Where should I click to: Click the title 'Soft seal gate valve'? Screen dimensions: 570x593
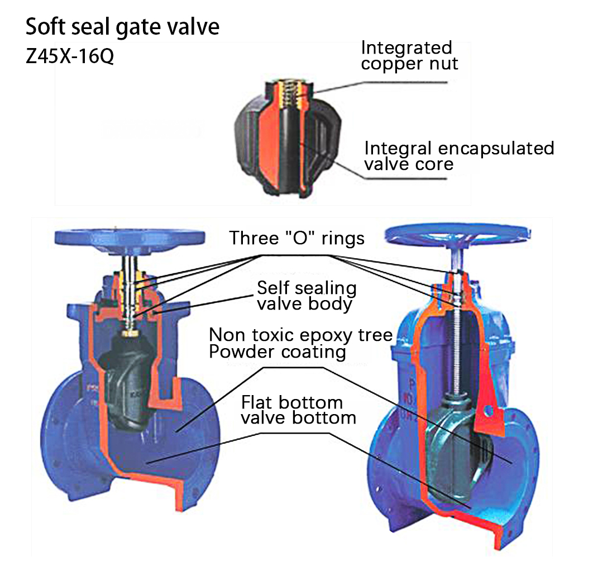click(122, 27)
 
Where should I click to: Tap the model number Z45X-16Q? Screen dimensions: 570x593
click(70, 57)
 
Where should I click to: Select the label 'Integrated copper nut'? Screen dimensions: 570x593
click(409, 55)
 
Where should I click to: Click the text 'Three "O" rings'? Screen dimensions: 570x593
click(297, 238)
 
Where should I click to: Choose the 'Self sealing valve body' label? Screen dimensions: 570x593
click(306, 296)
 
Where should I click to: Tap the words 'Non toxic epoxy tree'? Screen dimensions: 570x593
click(300, 335)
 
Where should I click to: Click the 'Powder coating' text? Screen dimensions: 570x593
click(278, 352)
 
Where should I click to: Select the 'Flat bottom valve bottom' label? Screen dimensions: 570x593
click(298, 410)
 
